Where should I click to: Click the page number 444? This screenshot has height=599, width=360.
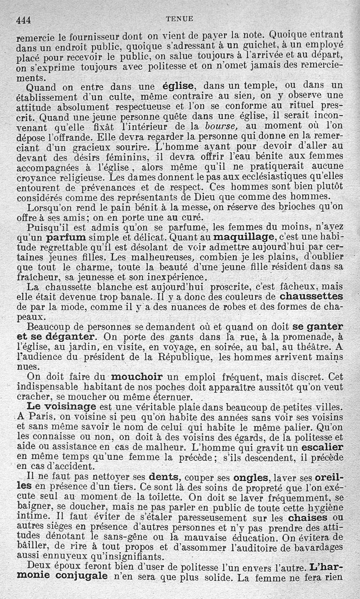pos(26,19)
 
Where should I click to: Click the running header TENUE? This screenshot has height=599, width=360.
pos(180,19)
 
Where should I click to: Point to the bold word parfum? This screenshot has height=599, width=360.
pos(67,237)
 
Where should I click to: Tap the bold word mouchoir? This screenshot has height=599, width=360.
pos(139,376)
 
